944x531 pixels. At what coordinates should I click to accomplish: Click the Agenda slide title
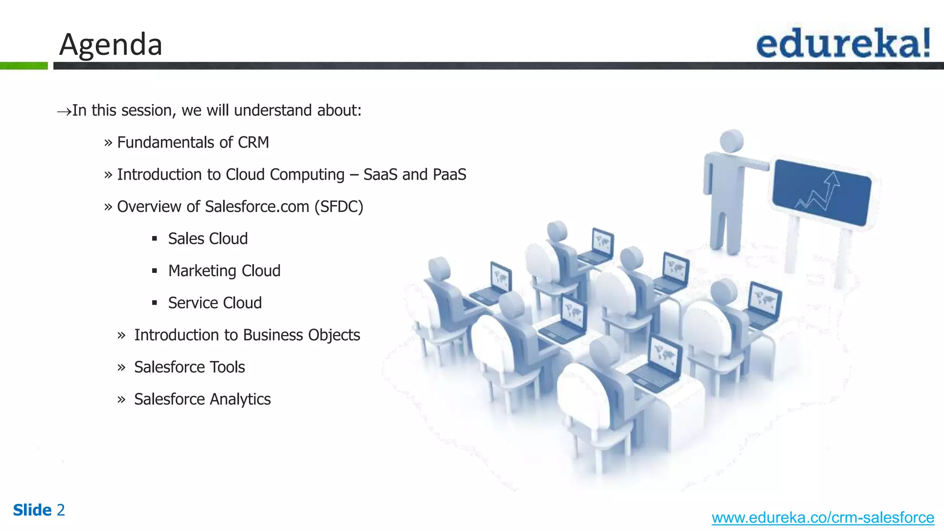point(111,45)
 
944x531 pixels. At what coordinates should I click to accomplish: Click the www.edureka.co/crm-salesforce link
point(822,518)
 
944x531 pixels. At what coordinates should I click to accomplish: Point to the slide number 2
point(61,510)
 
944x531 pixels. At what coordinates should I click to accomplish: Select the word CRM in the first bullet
point(253,142)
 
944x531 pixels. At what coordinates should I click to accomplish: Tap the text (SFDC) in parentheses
point(339,206)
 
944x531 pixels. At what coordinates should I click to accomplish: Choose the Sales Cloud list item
point(208,239)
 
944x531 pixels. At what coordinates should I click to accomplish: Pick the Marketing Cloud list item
point(224,271)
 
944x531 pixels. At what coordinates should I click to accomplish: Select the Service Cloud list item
point(215,303)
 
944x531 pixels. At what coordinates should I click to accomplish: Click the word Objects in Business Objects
point(334,335)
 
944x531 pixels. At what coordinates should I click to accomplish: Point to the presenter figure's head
point(732,141)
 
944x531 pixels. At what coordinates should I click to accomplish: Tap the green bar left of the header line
point(24,66)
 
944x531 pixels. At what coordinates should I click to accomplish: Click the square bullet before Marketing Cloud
point(154,271)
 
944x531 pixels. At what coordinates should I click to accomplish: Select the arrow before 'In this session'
point(64,111)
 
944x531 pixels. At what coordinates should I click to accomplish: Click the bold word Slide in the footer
point(32,510)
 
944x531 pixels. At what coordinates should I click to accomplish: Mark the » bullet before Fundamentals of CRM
point(108,143)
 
